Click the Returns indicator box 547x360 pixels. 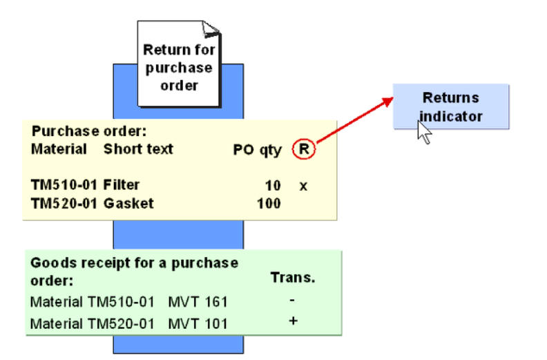[x=451, y=106]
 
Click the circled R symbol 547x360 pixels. [x=303, y=149]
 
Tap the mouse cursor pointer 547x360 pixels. [x=423, y=131]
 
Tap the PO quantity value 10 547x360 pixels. [x=273, y=185]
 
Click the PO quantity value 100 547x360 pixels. [x=270, y=203]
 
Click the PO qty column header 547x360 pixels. [x=257, y=149]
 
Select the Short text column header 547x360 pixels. [x=138, y=149]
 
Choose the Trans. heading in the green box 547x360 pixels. [x=292, y=278]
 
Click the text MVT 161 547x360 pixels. [x=198, y=302]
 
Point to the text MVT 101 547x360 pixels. [x=198, y=323]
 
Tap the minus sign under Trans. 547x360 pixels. [x=292, y=301]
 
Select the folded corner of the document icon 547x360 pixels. [x=212, y=28]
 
